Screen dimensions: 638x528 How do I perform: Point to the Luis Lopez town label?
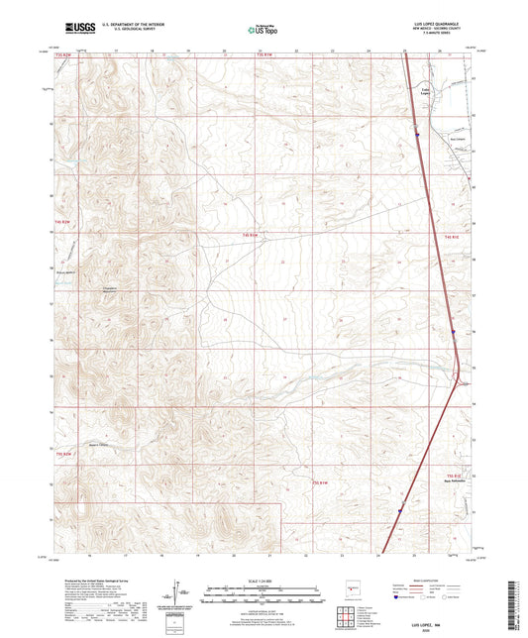[429, 90]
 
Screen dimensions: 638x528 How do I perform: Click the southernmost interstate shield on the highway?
[400, 512]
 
